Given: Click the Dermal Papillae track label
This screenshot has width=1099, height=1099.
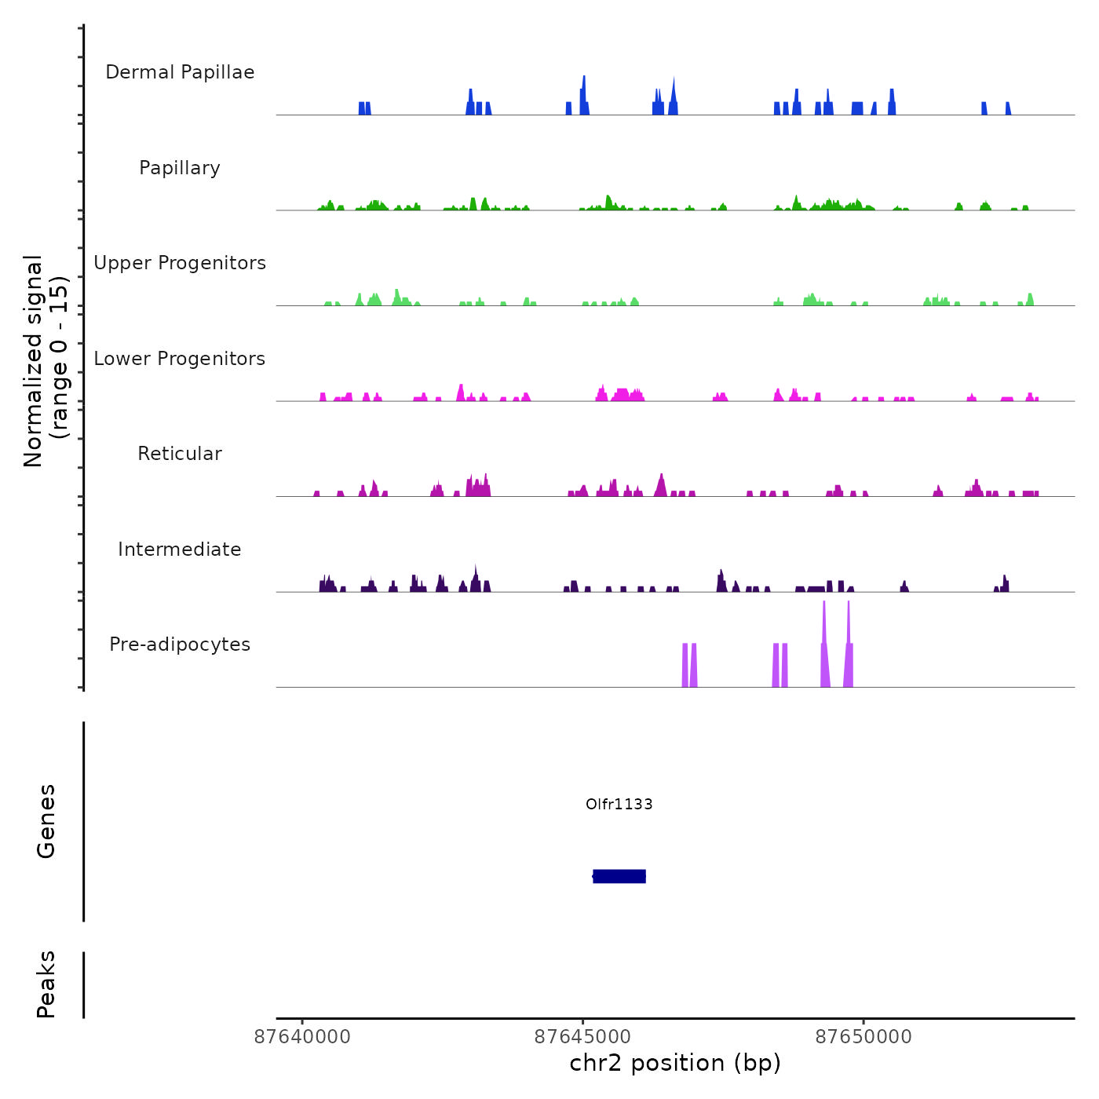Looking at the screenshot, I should coord(180,72).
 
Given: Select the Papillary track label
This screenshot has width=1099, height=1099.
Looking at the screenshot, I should coord(180,168).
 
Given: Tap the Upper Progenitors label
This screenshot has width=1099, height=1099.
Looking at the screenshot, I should coord(180,263).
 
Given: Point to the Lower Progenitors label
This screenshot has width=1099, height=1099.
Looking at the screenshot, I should coord(180,359).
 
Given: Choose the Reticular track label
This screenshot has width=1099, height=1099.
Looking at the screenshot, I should coord(180,454).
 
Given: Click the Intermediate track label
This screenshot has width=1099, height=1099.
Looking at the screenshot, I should coord(180,549).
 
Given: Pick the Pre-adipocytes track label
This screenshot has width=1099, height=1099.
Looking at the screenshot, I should coord(180,644).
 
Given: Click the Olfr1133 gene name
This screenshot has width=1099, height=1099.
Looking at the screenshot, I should coord(619,804).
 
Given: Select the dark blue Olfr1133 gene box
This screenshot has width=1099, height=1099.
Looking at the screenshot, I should coord(619,876).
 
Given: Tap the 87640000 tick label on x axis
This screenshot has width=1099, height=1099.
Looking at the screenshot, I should coord(303,1036).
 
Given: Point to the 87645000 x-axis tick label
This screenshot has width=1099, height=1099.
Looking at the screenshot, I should coord(582,1036).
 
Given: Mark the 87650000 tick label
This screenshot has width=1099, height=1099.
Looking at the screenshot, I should coord(863,1036).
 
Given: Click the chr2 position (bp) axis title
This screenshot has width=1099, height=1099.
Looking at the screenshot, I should coord(675,1063).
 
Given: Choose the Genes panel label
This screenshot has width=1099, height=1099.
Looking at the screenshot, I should coord(46,821).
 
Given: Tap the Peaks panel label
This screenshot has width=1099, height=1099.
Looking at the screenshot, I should coord(46,984).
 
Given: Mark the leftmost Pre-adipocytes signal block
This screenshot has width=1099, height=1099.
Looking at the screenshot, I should coord(685,666).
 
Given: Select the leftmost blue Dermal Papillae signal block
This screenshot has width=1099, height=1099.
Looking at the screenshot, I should coord(362,108).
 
